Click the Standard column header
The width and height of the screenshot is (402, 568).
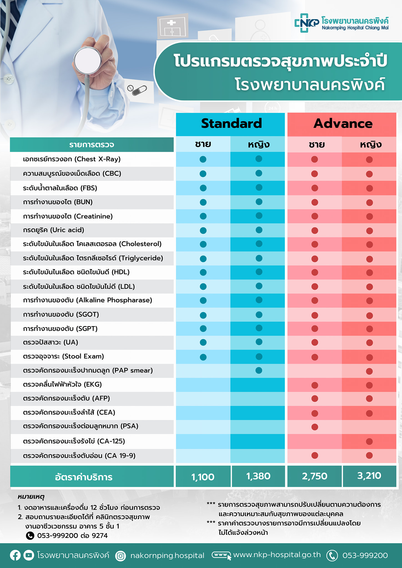231,124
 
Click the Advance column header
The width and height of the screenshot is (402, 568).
343,124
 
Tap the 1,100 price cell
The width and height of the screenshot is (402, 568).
203,477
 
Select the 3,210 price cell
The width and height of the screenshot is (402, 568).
369,476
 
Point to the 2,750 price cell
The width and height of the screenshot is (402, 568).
315,476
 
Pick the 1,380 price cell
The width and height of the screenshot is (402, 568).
258,476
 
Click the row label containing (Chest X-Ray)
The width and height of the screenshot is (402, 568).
72,159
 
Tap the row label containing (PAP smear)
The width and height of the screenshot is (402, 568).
88,371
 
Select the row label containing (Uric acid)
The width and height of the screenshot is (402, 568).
54,230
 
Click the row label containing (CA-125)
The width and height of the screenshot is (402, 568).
74,441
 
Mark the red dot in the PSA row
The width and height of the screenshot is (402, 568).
315,427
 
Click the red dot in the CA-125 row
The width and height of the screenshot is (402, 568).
369,441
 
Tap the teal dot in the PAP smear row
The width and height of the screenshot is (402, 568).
259,371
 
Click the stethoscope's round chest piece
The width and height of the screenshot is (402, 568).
88,61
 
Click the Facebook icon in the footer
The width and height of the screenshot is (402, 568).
15,555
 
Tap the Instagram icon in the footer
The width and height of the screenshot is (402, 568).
120,556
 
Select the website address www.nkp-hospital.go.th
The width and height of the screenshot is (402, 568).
277,555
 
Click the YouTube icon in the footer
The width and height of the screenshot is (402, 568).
28,555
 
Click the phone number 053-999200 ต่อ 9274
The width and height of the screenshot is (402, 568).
72,536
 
